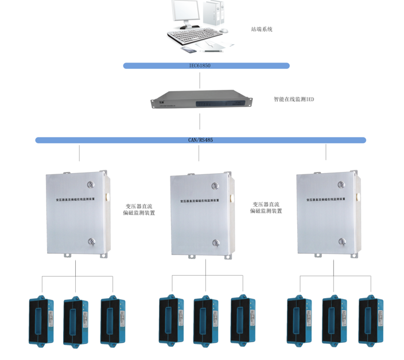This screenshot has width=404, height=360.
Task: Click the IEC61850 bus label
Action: tap(200, 66)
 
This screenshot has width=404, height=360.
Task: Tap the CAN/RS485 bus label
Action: tap(200, 140)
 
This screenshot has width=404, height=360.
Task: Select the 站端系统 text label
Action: tap(262, 29)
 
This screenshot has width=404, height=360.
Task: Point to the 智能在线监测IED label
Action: tap(294, 99)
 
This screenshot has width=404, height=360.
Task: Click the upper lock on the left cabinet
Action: tap(90, 185)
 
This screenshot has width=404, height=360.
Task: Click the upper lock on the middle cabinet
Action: tap(215, 186)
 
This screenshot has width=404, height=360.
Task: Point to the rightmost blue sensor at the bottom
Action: tap(368, 321)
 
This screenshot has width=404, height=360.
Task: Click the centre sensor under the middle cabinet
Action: tap(204, 321)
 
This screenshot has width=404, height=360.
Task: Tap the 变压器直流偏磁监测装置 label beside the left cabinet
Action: tap(139, 209)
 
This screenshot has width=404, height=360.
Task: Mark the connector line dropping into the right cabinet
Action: tap(326, 152)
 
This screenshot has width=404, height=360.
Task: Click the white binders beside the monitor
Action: tap(213, 14)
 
